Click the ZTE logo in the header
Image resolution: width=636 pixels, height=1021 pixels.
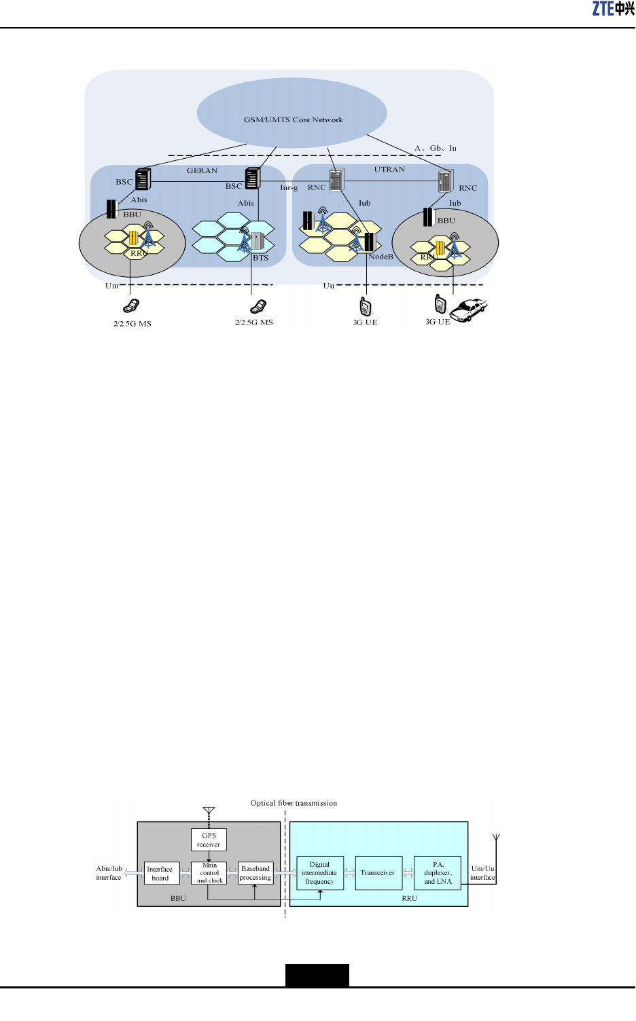[x=613, y=9]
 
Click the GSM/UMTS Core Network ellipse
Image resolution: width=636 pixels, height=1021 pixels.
[x=292, y=113]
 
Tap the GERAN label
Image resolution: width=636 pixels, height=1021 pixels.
[x=202, y=170]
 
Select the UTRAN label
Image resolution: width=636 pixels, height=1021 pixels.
[x=389, y=169]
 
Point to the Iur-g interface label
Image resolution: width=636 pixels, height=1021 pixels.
[x=289, y=187]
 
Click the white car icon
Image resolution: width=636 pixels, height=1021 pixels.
[x=469, y=310]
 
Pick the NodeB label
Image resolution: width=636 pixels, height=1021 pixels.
[x=381, y=257]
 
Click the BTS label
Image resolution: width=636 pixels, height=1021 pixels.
[x=261, y=258]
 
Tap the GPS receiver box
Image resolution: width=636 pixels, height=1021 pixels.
[x=209, y=840]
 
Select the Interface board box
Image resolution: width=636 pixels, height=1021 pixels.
[x=160, y=873]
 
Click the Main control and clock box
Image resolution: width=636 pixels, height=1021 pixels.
[x=209, y=873]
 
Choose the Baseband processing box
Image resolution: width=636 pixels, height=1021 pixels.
[x=255, y=873]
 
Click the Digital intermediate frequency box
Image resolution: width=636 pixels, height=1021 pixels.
[x=320, y=873]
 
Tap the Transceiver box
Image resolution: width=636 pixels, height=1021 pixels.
[x=378, y=873]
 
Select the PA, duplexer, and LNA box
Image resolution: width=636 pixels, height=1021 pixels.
[x=438, y=873]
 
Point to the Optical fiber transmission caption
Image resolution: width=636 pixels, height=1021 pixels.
[x=294, y=803]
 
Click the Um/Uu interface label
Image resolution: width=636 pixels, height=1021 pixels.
[x=482, y=873]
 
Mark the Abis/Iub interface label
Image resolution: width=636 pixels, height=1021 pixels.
[x=109, y=873]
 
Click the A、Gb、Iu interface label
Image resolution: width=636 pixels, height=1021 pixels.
[x=436, y=148]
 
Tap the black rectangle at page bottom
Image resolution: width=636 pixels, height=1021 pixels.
[x=317, y=975]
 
